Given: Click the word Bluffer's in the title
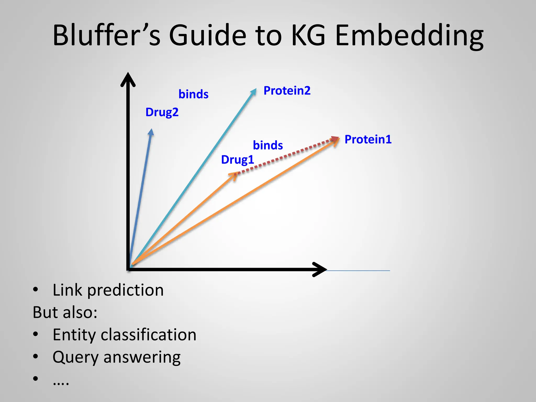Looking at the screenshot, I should [x=106, y=35].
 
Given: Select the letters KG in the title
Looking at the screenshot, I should [x=308, y=35].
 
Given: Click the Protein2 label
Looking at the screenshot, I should [x=287, y=91].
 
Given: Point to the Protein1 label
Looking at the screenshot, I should [x=368, y=139].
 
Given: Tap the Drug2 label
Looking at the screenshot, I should [x=162, y=112].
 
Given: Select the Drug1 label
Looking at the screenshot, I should [x=237, y=160].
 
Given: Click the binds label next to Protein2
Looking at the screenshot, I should [x=193, y=94].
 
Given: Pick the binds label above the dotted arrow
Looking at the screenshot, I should [x=268, y=145].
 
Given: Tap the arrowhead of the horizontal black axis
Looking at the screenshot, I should [x=320, y=269].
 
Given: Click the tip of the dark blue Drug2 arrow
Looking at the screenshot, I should [x=151, y=131].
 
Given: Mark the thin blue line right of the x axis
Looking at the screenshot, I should [x=359, y=270].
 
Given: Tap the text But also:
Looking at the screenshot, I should [x=65, y=312].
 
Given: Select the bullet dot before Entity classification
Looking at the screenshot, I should [x=36, y=334].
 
